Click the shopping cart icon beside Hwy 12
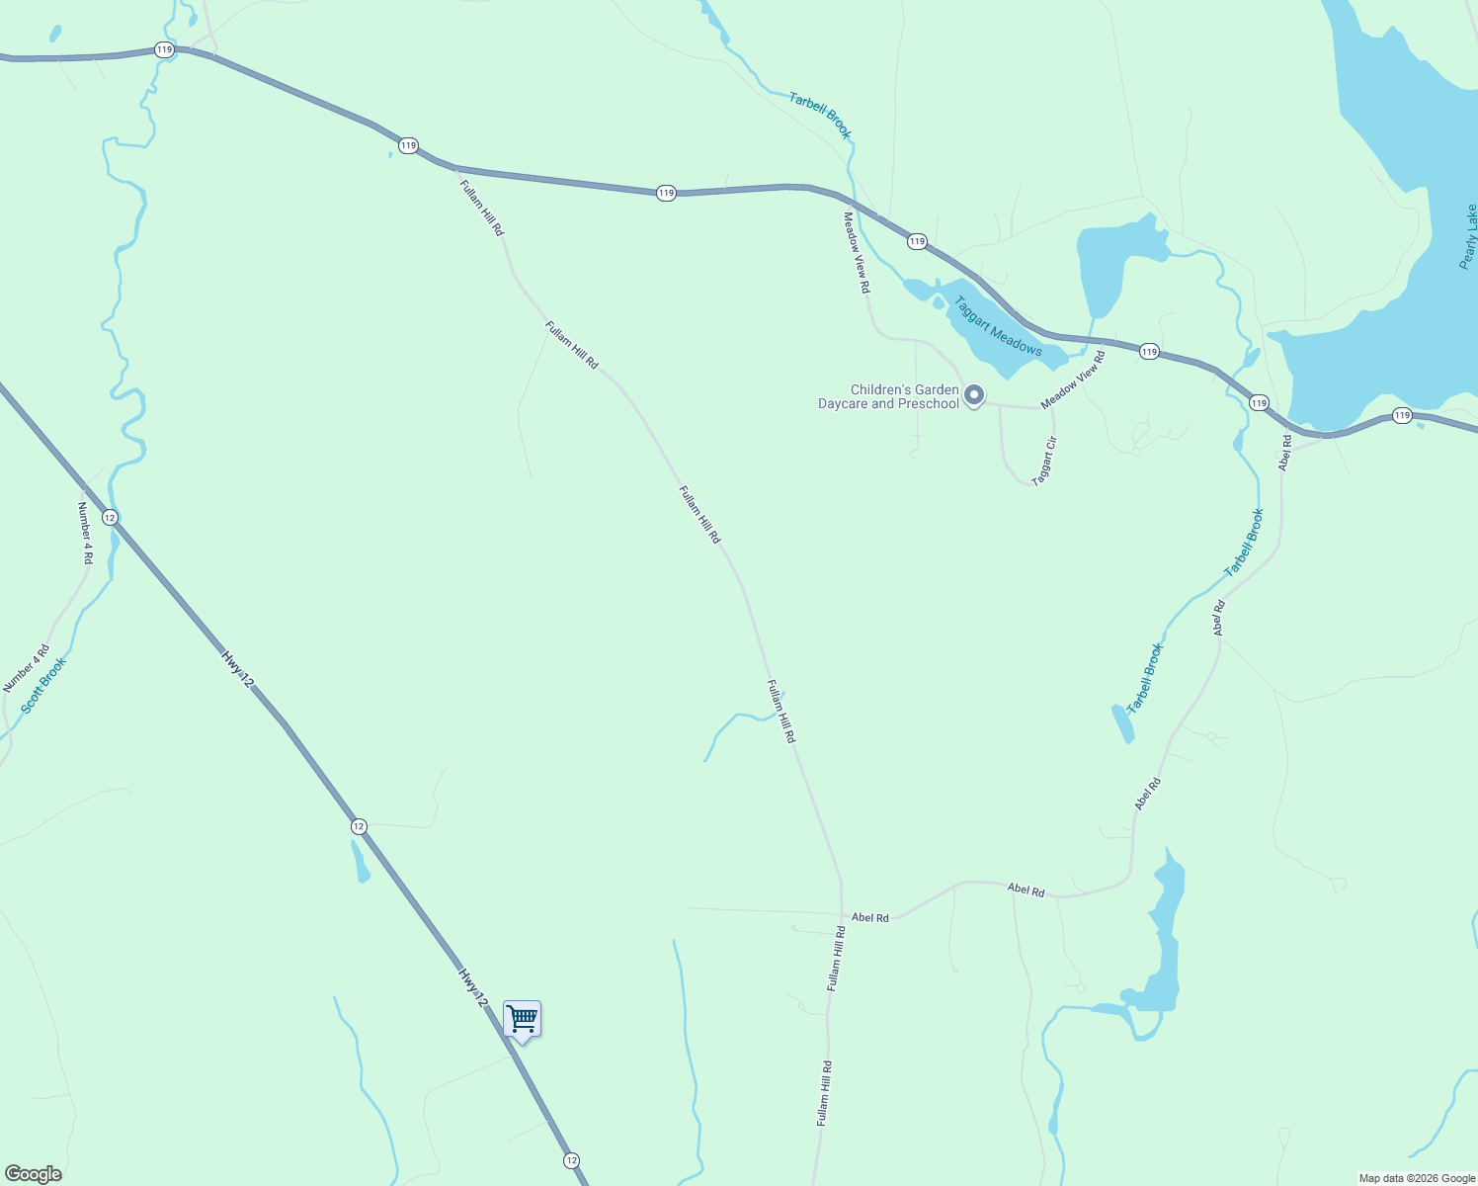click(x=522, y=1018)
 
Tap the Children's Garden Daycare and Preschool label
click(x=888, y=396)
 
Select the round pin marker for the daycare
click(x=974, y=395)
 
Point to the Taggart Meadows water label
click(x=998, y=325)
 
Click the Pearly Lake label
click(x=1469, y=236)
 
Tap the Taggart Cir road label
click(x=1044, y=461)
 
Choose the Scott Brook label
click(x=43, y=685)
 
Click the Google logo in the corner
click(x=33, y=1174)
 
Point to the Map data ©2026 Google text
click(x=1417, y=1178)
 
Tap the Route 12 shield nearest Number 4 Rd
click(x=110, y=518)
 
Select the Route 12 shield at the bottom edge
click(x=571, y=1159)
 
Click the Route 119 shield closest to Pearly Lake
click(x=1402, y=416)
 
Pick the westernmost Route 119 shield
click(x=164, y=49)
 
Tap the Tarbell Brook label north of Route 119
click(x=820, y=115)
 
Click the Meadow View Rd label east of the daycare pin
click(x=1072, y=380)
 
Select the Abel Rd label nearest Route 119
click(x=1284, y=453)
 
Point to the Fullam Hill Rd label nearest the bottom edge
click(x=824, y=1093)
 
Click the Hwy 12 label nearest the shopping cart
click(x=473, y=987)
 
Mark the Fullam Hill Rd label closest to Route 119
click(x=481, y=206)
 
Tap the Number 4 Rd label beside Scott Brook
click(x=85, y=532)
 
